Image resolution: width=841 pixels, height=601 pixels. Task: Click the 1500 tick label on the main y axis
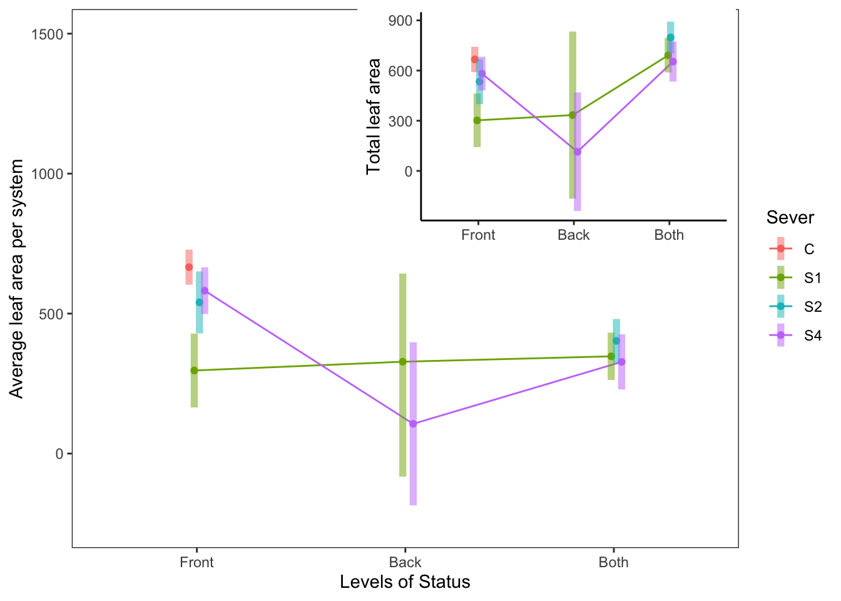(48, 34)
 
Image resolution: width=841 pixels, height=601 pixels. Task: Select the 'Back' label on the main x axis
(405, 562)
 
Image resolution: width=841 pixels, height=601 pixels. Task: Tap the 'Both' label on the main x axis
(613, 562)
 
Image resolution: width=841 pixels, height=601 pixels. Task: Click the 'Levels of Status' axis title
(405, 582)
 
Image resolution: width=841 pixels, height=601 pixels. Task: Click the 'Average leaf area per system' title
(17, 279)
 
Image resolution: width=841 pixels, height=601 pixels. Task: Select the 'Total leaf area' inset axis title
(374, 116)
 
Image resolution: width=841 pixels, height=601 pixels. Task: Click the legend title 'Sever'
(790, 218)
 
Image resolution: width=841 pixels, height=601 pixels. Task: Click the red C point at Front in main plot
(189, 267)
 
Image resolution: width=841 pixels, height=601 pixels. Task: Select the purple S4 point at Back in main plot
(413, 424)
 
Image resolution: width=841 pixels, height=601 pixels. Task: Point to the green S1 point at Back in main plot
(403, 362)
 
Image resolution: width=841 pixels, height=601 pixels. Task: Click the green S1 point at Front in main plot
(194, 371)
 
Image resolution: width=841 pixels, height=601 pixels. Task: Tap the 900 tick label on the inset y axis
(400, 21)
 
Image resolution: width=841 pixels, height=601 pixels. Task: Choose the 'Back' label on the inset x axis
(574, 235)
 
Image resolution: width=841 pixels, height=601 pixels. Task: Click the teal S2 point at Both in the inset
(670, 38)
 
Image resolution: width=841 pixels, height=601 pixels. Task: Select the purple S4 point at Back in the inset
(578, 152)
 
